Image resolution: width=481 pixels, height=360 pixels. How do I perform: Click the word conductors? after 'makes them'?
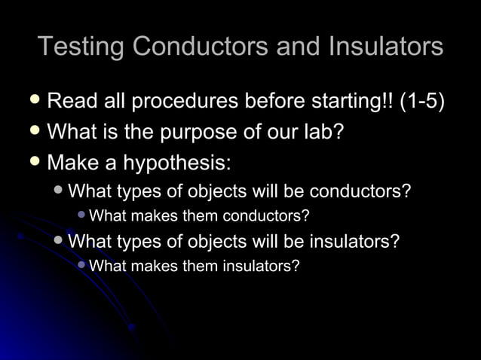pyautogui.click(x=265, y=216)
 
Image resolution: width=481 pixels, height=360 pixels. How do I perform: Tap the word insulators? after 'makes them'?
pyautogui.click(x=259, y=266)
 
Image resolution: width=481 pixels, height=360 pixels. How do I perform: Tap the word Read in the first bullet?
pyautogui.click(x=70, y=102)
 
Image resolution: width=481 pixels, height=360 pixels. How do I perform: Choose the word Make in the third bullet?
pyautogui.click(x=72, y=163)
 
